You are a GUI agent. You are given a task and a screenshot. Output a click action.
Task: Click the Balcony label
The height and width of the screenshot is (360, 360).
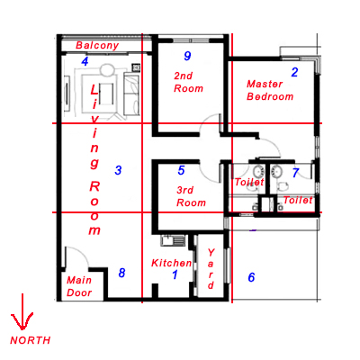[97, 45]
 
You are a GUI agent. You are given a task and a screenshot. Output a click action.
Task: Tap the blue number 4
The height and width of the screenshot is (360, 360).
[85, 61]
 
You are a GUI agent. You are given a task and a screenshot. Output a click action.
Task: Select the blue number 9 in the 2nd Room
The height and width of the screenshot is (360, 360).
[187, 56]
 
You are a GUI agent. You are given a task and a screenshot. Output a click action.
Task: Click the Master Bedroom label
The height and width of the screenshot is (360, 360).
[270, 90]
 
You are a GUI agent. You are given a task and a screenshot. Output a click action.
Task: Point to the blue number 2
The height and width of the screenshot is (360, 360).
[294, 72]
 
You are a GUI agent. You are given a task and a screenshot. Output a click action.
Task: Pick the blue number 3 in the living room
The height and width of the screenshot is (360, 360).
[118, 170]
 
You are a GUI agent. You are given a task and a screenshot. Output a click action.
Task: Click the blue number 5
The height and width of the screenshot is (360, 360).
[181, 170]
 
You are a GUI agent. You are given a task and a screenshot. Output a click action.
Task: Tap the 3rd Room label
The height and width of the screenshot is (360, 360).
[191, 196]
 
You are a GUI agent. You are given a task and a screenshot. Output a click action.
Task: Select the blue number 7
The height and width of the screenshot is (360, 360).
[296, 173]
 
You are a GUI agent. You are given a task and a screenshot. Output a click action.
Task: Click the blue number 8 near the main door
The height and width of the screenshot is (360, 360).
[121, 273]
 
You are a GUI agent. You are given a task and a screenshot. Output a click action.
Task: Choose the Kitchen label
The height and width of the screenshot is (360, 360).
[171, 263]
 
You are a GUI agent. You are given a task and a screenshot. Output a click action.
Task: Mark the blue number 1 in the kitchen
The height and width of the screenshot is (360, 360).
[175, 274]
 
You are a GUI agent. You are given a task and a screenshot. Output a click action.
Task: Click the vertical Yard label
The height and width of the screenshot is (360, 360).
[211, 269]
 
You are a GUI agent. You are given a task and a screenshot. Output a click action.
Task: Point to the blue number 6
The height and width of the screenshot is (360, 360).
[251, 277]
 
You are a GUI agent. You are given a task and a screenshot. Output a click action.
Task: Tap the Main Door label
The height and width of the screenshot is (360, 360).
[79, 286]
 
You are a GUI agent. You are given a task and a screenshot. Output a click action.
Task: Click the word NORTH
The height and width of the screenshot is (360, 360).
[31, 340]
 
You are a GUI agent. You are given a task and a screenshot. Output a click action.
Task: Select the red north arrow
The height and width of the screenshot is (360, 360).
[22, 312]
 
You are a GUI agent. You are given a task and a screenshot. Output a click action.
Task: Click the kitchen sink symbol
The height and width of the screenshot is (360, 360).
[173, 240]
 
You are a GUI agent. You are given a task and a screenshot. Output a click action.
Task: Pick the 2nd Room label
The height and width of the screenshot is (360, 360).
[188, 82]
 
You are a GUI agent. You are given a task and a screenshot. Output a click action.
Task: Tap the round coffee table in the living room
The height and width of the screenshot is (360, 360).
[106, 69]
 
